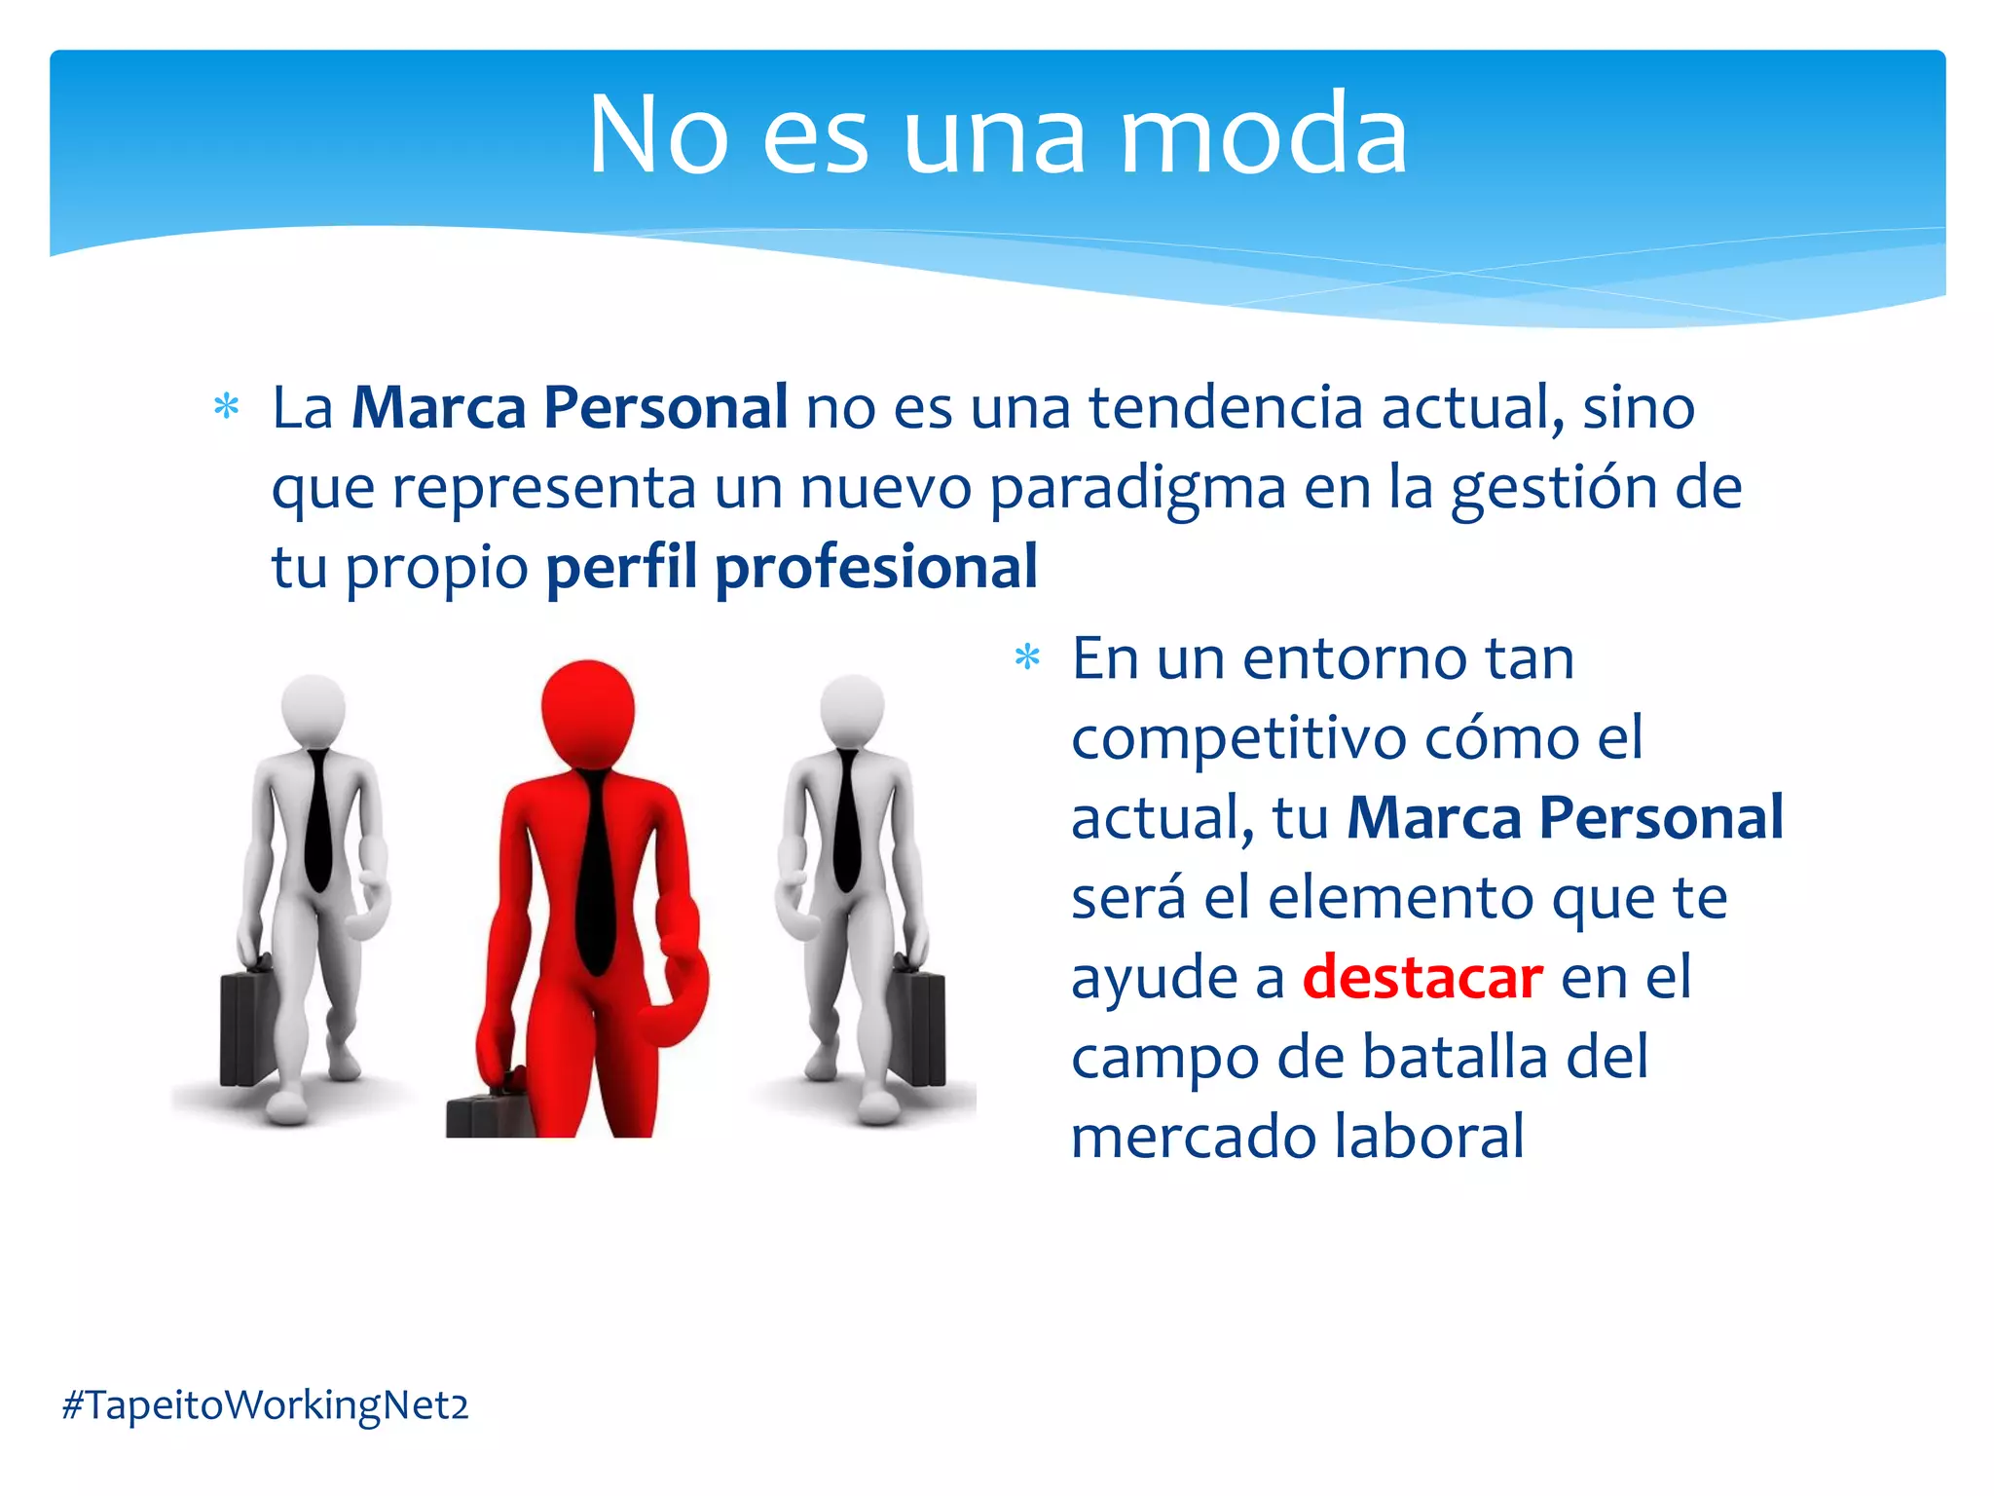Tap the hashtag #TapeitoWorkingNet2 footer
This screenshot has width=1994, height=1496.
265,1405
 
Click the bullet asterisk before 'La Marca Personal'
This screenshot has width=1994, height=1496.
226,407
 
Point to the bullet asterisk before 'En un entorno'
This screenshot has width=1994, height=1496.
1027,658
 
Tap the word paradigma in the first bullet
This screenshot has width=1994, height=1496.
1137,487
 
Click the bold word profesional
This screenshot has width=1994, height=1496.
876,567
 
